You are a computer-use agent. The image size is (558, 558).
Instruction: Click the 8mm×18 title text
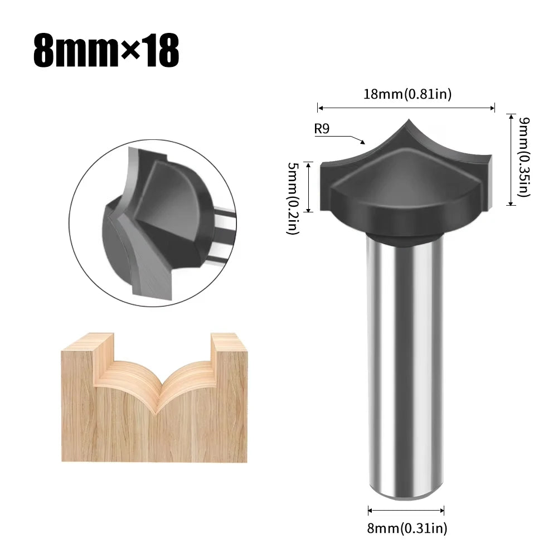point(106,52)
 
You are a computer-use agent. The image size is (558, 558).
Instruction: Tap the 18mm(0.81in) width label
point(407,94)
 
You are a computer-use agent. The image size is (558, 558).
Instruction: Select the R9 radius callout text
point(322,129)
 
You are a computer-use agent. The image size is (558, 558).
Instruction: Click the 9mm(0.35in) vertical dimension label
point(523,157)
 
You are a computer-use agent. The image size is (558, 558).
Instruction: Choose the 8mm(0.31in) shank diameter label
point(407,527)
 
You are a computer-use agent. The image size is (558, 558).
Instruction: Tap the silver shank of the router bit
point(405,362)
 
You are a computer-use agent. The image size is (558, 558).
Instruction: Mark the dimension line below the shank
point(406,510)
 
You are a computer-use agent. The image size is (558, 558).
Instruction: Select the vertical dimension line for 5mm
point(308,187)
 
